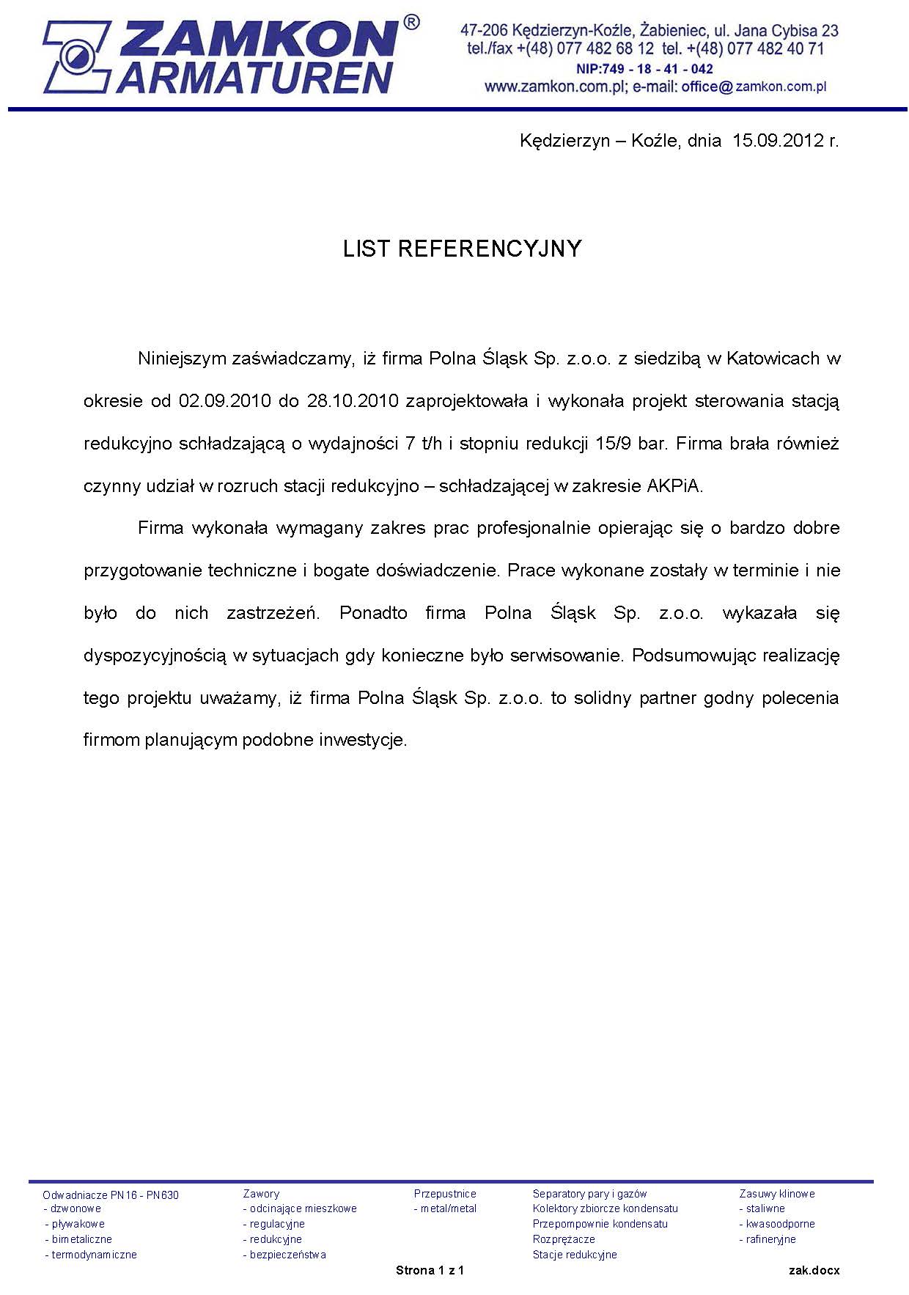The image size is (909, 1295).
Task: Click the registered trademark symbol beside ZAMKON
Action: tap(411, 23)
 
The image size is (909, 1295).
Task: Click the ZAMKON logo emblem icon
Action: tap(76, 56)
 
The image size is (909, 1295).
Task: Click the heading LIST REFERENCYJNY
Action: tap(462, 249)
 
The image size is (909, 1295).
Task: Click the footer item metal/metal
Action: tap(448, 1208)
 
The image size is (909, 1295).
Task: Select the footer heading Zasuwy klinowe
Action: tap(776, 1194)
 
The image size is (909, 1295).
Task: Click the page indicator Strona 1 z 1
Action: tap(430, 1270)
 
